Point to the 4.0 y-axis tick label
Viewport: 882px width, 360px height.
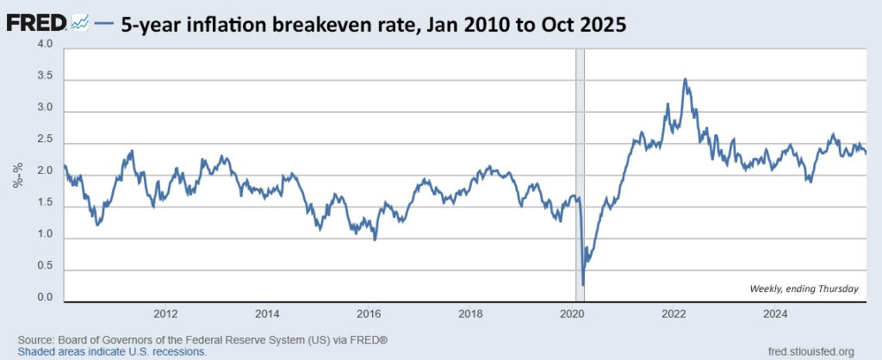pos(44,44)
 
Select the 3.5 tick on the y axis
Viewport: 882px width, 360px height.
pos(44,77)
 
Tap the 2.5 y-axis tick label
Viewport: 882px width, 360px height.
pos(44,140)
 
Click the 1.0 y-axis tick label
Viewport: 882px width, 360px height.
pos(44,235)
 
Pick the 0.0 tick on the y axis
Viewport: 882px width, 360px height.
pos(44,299)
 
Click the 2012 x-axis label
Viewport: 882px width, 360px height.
pos(165,313)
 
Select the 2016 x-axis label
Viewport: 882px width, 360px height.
pos(369,313)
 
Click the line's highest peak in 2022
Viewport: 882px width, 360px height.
pos(685,79)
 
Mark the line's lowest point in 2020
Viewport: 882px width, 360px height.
pos(583,284)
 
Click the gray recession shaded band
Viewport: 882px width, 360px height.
pos(580,172)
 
